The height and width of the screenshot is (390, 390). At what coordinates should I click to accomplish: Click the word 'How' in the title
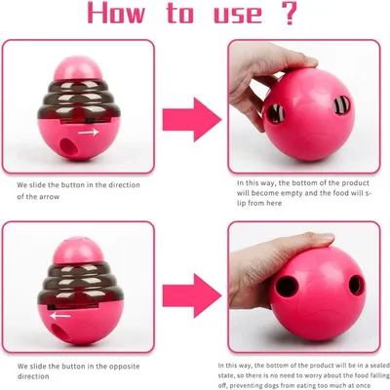[116, 13]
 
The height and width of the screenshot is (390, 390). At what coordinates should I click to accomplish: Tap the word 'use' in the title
[238, 15]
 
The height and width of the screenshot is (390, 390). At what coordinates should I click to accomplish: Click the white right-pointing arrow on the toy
[88, 133]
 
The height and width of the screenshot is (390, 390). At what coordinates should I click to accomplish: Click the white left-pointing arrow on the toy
[60, 315]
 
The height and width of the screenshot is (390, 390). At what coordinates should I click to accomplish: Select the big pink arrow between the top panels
[192, 120]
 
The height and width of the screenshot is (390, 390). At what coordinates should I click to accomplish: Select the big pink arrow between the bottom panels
[192, 295]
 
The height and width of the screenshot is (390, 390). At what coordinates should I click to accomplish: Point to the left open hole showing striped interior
[276, 113]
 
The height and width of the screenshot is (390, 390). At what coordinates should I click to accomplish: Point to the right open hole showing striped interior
[341, 106]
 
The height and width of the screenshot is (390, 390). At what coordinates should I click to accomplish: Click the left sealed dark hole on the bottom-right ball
[287, 287]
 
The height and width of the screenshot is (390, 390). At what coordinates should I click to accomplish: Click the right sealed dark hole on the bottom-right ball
[355, 285]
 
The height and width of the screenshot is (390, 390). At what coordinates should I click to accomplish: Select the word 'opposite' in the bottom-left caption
[124, 367]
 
